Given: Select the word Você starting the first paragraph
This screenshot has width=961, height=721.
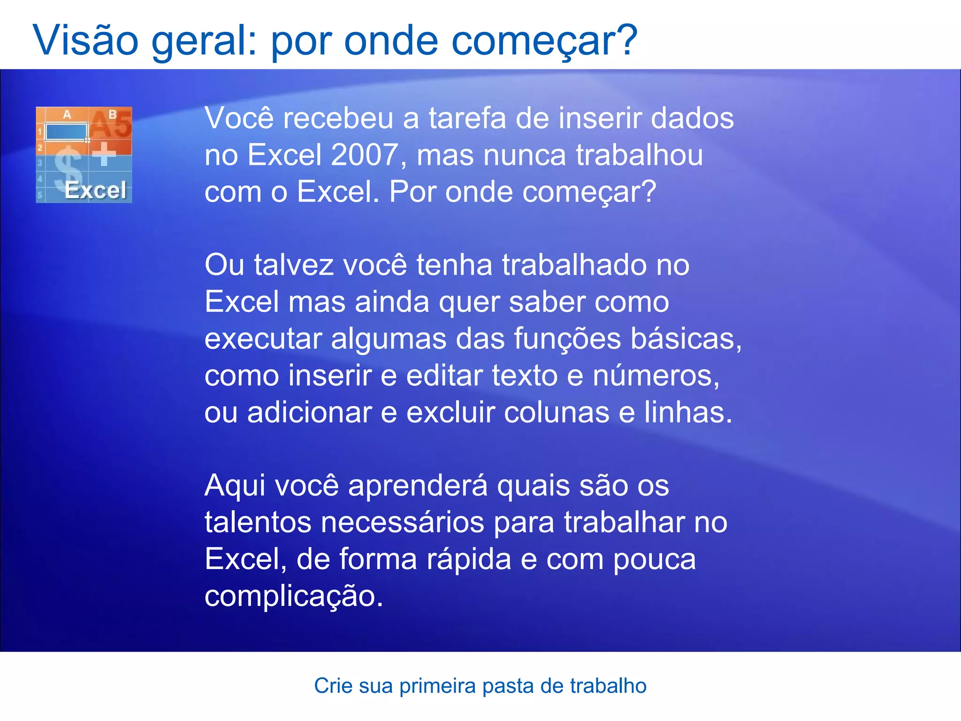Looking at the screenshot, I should click(239, 118).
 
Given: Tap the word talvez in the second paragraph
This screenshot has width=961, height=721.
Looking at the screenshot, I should click(294, 265).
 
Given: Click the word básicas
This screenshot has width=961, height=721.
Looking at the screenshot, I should click(685, 339).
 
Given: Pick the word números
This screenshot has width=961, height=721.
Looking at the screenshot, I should click(656, 376).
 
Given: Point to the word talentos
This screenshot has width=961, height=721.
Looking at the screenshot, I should click(258, 522).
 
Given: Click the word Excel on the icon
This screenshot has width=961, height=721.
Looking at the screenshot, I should click(95, 191).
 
